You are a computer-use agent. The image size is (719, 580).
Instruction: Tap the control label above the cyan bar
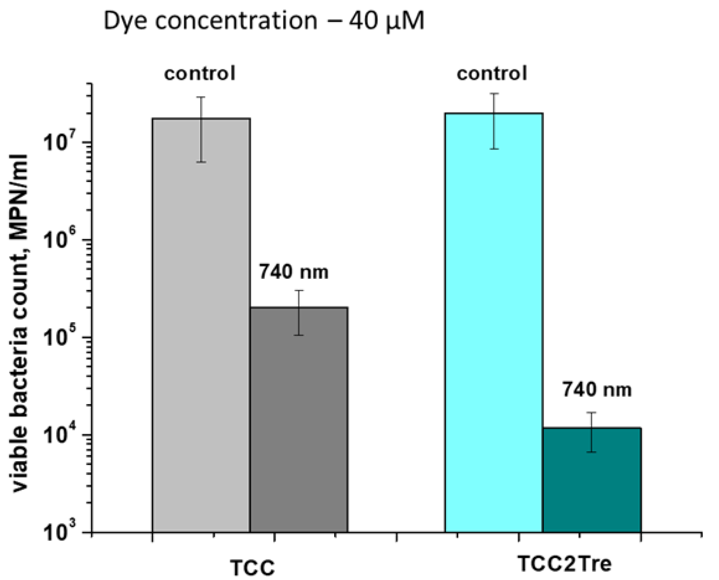[x=491, y=73]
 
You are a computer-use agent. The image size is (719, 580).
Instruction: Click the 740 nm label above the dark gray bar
[x=294, y=272]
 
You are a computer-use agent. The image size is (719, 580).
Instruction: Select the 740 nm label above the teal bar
[x=597, y=389]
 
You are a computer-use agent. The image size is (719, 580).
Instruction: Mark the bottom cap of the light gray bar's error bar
[x=201, y=162]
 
